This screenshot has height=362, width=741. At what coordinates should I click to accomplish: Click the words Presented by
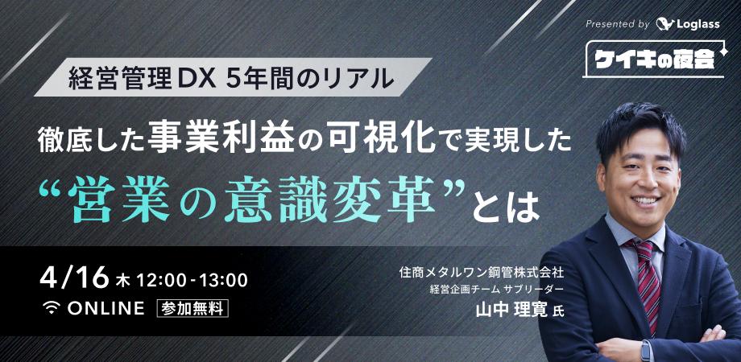617,24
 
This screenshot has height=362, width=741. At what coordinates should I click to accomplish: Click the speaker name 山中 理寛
516,310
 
